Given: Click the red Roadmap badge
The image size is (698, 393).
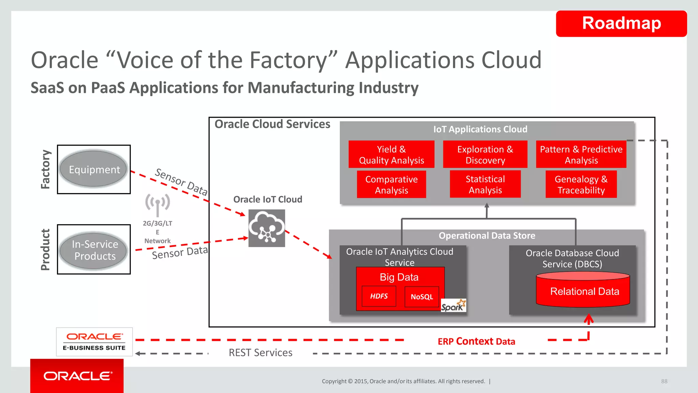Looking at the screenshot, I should point(621,24).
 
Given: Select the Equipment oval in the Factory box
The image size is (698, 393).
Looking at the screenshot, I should point(94,169).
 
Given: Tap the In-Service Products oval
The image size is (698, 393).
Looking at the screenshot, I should point(94,250).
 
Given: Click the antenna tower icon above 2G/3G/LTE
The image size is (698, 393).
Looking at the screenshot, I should point(157,204).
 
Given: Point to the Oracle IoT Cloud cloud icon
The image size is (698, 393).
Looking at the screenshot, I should point(267,228).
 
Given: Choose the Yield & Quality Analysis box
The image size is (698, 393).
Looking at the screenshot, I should point(391,155).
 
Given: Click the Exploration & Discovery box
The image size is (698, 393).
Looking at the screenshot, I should point(485,155).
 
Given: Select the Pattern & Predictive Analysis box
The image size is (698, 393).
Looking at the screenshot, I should point(581,155).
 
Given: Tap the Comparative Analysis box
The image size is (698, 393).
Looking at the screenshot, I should point(391,185).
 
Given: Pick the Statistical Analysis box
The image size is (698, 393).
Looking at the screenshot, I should point(485,184).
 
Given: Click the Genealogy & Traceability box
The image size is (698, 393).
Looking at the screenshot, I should point(581,185).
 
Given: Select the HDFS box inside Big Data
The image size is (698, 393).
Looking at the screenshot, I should point(379,296).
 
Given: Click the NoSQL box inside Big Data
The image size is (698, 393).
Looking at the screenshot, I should point(422,297).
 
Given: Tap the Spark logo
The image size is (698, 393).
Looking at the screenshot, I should point(453,306).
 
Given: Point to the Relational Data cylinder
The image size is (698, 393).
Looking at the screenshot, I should point(583,290).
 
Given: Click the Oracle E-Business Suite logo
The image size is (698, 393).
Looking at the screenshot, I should point(94,341).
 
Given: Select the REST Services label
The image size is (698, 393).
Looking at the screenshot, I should point(260,353).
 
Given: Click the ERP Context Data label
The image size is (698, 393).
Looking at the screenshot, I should point(476,341).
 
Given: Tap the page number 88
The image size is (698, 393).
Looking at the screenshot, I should point(664,381).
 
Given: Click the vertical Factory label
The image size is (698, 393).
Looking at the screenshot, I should point(46,169).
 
